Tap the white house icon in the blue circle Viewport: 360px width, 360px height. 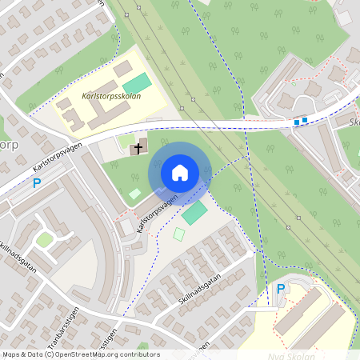coord(180,173)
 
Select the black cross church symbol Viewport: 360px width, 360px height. coord(138,148)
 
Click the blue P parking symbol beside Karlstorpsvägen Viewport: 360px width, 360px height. coord(37,183)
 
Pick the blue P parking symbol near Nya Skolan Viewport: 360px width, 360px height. coord(280,289)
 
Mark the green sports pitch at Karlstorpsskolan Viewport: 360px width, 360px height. coord(137,83)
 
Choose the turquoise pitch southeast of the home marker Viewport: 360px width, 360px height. coord(194,213)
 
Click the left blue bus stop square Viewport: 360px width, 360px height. coord(296,122)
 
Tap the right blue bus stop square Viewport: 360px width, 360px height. coord(304,121)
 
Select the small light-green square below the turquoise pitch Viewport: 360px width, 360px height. coord(179,234)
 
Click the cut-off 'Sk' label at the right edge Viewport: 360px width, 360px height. coord(354,122)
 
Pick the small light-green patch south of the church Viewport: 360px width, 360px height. coord(135,193)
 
